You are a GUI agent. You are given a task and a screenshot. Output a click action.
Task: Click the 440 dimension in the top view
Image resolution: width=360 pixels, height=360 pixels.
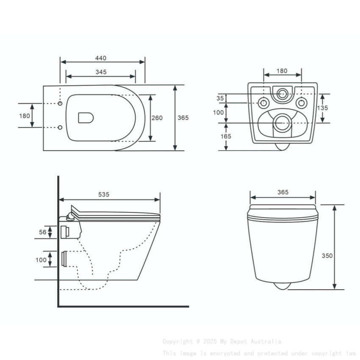[x=101, y=58]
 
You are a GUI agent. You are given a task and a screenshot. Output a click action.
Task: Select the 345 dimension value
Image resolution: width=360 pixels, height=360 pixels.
[x=101, y=72]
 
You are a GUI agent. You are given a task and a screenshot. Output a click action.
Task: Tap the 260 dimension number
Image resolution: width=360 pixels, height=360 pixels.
[x=157, y=118]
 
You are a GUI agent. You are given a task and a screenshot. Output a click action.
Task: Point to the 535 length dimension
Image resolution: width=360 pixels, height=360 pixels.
[x=104, y=194]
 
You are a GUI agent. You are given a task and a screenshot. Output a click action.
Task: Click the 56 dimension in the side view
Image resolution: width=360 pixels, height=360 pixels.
[x=42, y=232]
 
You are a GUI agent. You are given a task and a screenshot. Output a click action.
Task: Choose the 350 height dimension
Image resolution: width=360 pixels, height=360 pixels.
[x=327, y=255]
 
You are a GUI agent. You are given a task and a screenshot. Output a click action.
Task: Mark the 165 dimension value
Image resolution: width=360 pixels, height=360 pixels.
[x=226, y=136]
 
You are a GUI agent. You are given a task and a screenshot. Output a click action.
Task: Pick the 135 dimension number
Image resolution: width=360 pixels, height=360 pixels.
[x=323, y=108]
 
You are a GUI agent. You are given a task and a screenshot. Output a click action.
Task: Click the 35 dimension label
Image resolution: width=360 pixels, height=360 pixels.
[x=220, y=98]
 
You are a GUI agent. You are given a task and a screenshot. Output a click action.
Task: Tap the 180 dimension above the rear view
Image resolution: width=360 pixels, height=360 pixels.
[x=282, y=71]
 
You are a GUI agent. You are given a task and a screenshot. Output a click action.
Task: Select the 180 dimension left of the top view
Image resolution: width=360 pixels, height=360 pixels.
[x=25, y=116]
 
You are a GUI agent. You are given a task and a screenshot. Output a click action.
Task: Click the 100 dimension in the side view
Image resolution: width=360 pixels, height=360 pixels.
[x=41, y=260]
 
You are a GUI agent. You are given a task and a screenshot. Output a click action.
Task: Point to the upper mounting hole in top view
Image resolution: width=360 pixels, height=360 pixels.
[x=60, y=103]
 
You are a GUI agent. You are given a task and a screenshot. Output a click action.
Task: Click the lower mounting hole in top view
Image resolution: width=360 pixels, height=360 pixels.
[x=60, y=127]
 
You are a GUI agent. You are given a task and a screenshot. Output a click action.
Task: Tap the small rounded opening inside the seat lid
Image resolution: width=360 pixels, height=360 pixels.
[x=86, y=118]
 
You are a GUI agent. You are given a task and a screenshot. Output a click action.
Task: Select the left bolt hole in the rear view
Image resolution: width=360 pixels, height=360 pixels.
[x=263, y=103]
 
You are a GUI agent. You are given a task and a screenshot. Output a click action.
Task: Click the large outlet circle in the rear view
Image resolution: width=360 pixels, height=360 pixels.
[x=282, y=123]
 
